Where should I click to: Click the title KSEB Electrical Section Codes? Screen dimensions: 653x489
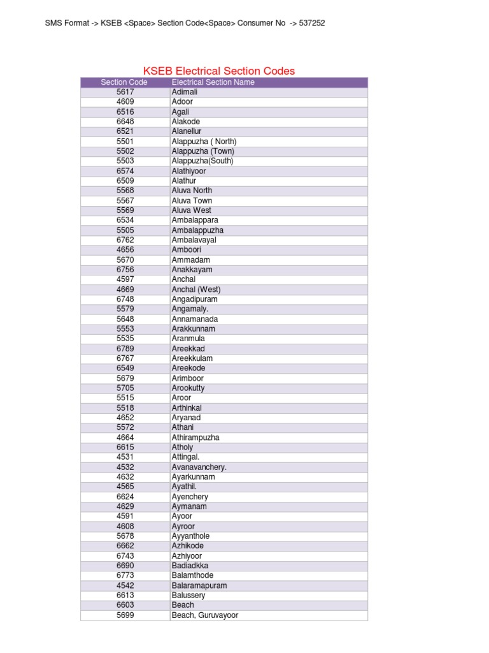(x=218, y=71)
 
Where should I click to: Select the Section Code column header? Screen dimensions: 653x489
(x=124, y=82)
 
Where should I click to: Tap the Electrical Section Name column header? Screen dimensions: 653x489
(x=213, y=82)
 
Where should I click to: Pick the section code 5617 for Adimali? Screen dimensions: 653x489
(x=125, y=92)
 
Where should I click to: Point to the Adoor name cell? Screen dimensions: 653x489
(x=182, y=102)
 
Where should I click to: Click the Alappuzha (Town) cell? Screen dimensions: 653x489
(x=202, y=151)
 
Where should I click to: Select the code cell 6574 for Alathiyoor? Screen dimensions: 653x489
(x=125, y=171)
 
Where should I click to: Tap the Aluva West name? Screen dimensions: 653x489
(x=191, y=210)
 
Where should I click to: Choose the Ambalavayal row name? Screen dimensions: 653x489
(x=194, y=240)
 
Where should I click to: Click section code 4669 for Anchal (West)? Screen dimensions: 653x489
(x=125, y=290)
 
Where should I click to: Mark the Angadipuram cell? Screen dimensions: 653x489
(x=194, y=299)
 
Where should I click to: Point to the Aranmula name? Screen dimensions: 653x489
(x=188, y=339)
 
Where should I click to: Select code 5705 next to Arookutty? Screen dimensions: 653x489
(x=125, y=388)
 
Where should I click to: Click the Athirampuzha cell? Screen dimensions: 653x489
(x=195, y=437)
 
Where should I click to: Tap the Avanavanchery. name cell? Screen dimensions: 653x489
(x=199, y=467)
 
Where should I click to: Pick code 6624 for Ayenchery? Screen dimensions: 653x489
(x=125, y=497)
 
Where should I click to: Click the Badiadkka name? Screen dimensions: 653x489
(x=190, y=566)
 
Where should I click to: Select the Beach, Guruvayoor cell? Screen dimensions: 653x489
(x=204, y=615)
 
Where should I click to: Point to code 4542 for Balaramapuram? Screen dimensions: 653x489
(x=125, y=585)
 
